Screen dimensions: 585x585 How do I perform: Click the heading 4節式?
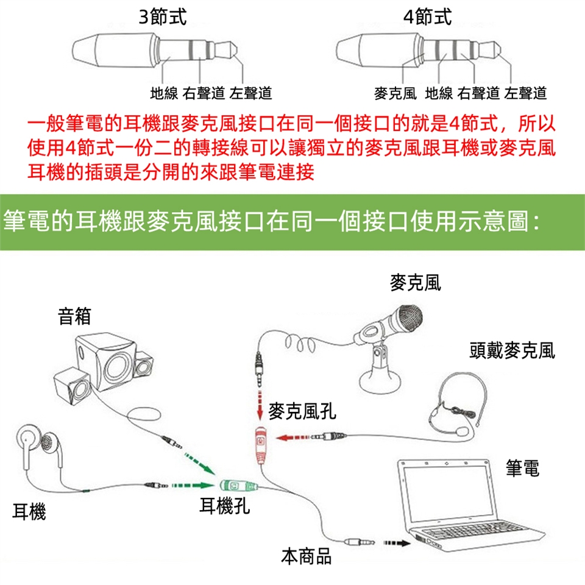430,16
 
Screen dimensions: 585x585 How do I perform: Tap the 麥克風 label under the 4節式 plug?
395,94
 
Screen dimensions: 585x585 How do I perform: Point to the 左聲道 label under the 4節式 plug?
526,94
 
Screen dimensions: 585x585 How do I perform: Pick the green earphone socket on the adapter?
235,486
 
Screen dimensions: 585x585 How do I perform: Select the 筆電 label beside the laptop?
522,468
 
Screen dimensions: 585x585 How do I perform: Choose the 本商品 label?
307,555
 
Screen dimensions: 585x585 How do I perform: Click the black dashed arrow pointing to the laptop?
397,541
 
